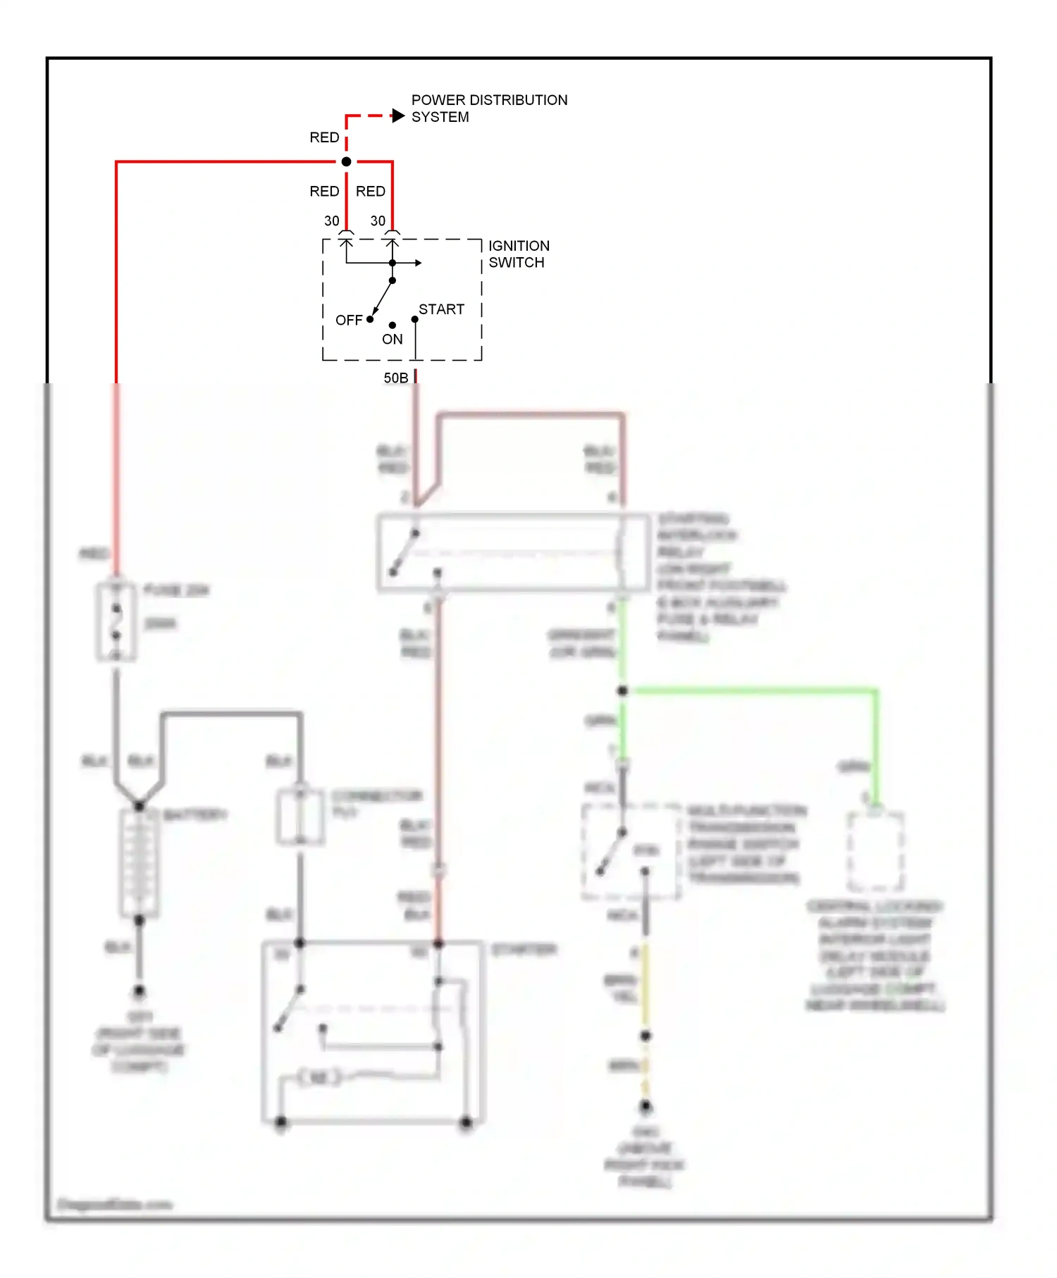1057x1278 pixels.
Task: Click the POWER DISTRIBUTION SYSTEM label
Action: point(488,108)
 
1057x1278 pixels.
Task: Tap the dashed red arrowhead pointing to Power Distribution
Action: point(398,116)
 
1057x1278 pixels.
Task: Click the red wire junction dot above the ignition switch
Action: point(346,162)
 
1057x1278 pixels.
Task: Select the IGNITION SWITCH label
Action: point(518,254)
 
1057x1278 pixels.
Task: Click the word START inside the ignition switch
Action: point(441,309)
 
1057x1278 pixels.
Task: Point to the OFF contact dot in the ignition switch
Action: point(370,319)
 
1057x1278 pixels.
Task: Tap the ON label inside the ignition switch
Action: point(392,340)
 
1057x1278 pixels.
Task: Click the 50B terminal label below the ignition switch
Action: point(395,378)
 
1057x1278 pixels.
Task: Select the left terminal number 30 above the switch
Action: point(331,221)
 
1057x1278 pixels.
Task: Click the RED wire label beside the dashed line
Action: point(324,137)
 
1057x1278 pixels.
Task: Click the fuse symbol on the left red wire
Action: point(116,621)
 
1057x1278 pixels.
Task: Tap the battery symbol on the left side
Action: point(139,862)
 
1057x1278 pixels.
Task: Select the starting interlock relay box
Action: point(513,552)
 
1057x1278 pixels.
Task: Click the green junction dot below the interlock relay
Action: point(622,690)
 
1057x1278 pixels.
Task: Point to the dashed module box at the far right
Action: point(875,851)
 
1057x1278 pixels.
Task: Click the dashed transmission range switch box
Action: point(631,851)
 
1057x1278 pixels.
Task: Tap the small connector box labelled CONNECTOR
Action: point(300,817)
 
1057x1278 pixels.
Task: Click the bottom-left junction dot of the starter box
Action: point(281,1122)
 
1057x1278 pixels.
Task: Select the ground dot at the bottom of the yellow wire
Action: point(645,1107)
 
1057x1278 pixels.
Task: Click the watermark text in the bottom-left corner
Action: point(114,1204)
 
